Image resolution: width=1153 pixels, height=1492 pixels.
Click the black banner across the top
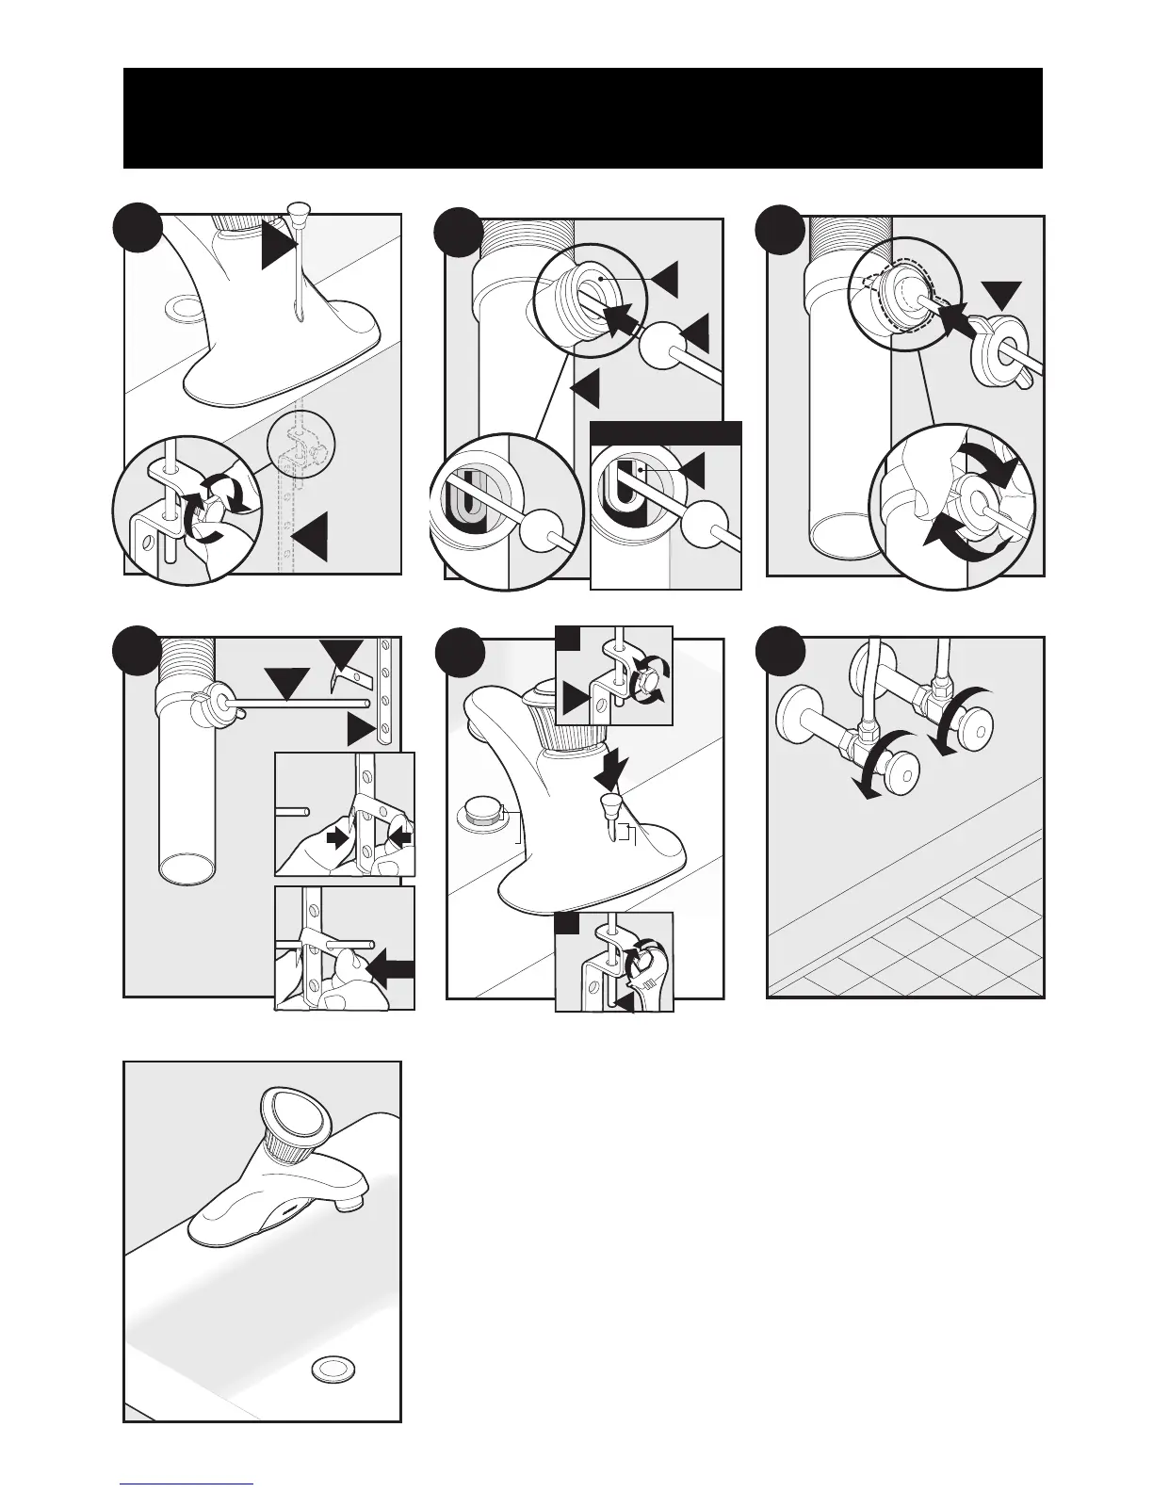[582, 118]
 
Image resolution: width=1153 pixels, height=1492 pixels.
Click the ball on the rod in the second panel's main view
[663, 345]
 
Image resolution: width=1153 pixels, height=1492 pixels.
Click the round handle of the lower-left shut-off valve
[907, 770]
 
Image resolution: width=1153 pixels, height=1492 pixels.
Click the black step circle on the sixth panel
[781, 650]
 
